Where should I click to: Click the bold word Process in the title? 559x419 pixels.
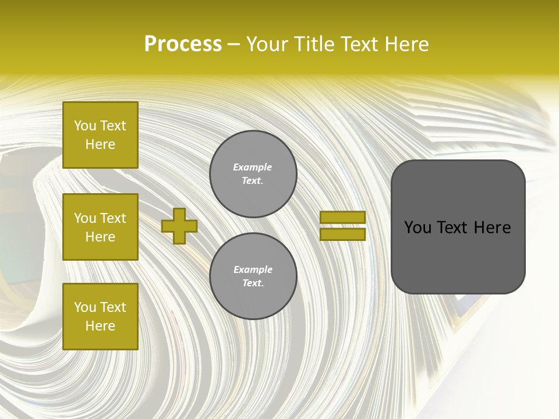pos(183,44)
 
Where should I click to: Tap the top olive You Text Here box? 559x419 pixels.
pos(100,135)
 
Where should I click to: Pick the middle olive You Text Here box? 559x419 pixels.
pos(100,227)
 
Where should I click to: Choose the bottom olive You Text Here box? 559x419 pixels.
pos(100,317)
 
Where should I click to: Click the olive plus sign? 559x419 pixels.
pos(179,226)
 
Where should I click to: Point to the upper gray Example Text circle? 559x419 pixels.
pos(253,173)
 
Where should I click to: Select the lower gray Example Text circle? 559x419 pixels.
pos(253,276)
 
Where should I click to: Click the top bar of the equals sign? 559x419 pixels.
pos(342,218)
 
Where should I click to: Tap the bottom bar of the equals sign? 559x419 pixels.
pos(342,234)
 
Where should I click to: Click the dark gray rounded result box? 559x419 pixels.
pos(458,256)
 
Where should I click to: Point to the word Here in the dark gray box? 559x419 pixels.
pos(492,227)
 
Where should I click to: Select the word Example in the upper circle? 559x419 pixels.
pos(253,167)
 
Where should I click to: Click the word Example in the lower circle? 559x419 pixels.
pos(253,269)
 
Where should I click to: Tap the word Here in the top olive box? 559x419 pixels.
pos(100,144)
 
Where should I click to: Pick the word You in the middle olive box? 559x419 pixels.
pos(84,218)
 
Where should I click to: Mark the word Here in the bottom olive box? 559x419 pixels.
pos(100,326)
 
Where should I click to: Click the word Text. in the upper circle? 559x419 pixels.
pos(253,180)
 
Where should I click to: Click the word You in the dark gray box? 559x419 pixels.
pos(418,227)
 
